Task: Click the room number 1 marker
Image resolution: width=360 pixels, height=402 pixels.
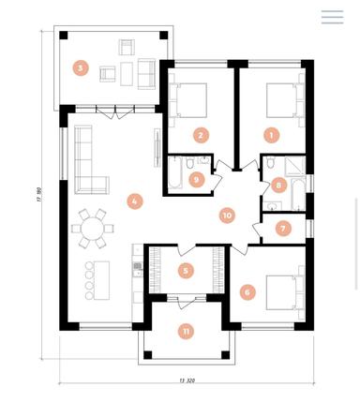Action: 271,135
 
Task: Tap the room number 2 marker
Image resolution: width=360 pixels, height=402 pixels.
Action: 200,135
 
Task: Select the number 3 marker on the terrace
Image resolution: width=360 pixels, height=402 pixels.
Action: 82,67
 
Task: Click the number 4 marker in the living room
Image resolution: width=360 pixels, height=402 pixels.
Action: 135,201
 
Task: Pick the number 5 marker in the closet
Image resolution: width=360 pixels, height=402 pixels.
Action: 186,271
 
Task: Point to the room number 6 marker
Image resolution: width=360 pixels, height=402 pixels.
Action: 247,291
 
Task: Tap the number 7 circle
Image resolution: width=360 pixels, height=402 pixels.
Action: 283,228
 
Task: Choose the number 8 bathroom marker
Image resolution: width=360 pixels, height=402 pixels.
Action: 278,186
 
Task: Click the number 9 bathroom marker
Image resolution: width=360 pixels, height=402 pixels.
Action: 195,179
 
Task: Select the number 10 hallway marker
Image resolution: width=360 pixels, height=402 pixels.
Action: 226,216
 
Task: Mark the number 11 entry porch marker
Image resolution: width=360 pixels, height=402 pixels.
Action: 187,331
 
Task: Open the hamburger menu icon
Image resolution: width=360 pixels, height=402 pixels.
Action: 332,17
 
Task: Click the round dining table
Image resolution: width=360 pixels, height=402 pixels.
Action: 92,228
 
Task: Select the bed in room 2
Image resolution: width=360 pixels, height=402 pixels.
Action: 192,98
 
